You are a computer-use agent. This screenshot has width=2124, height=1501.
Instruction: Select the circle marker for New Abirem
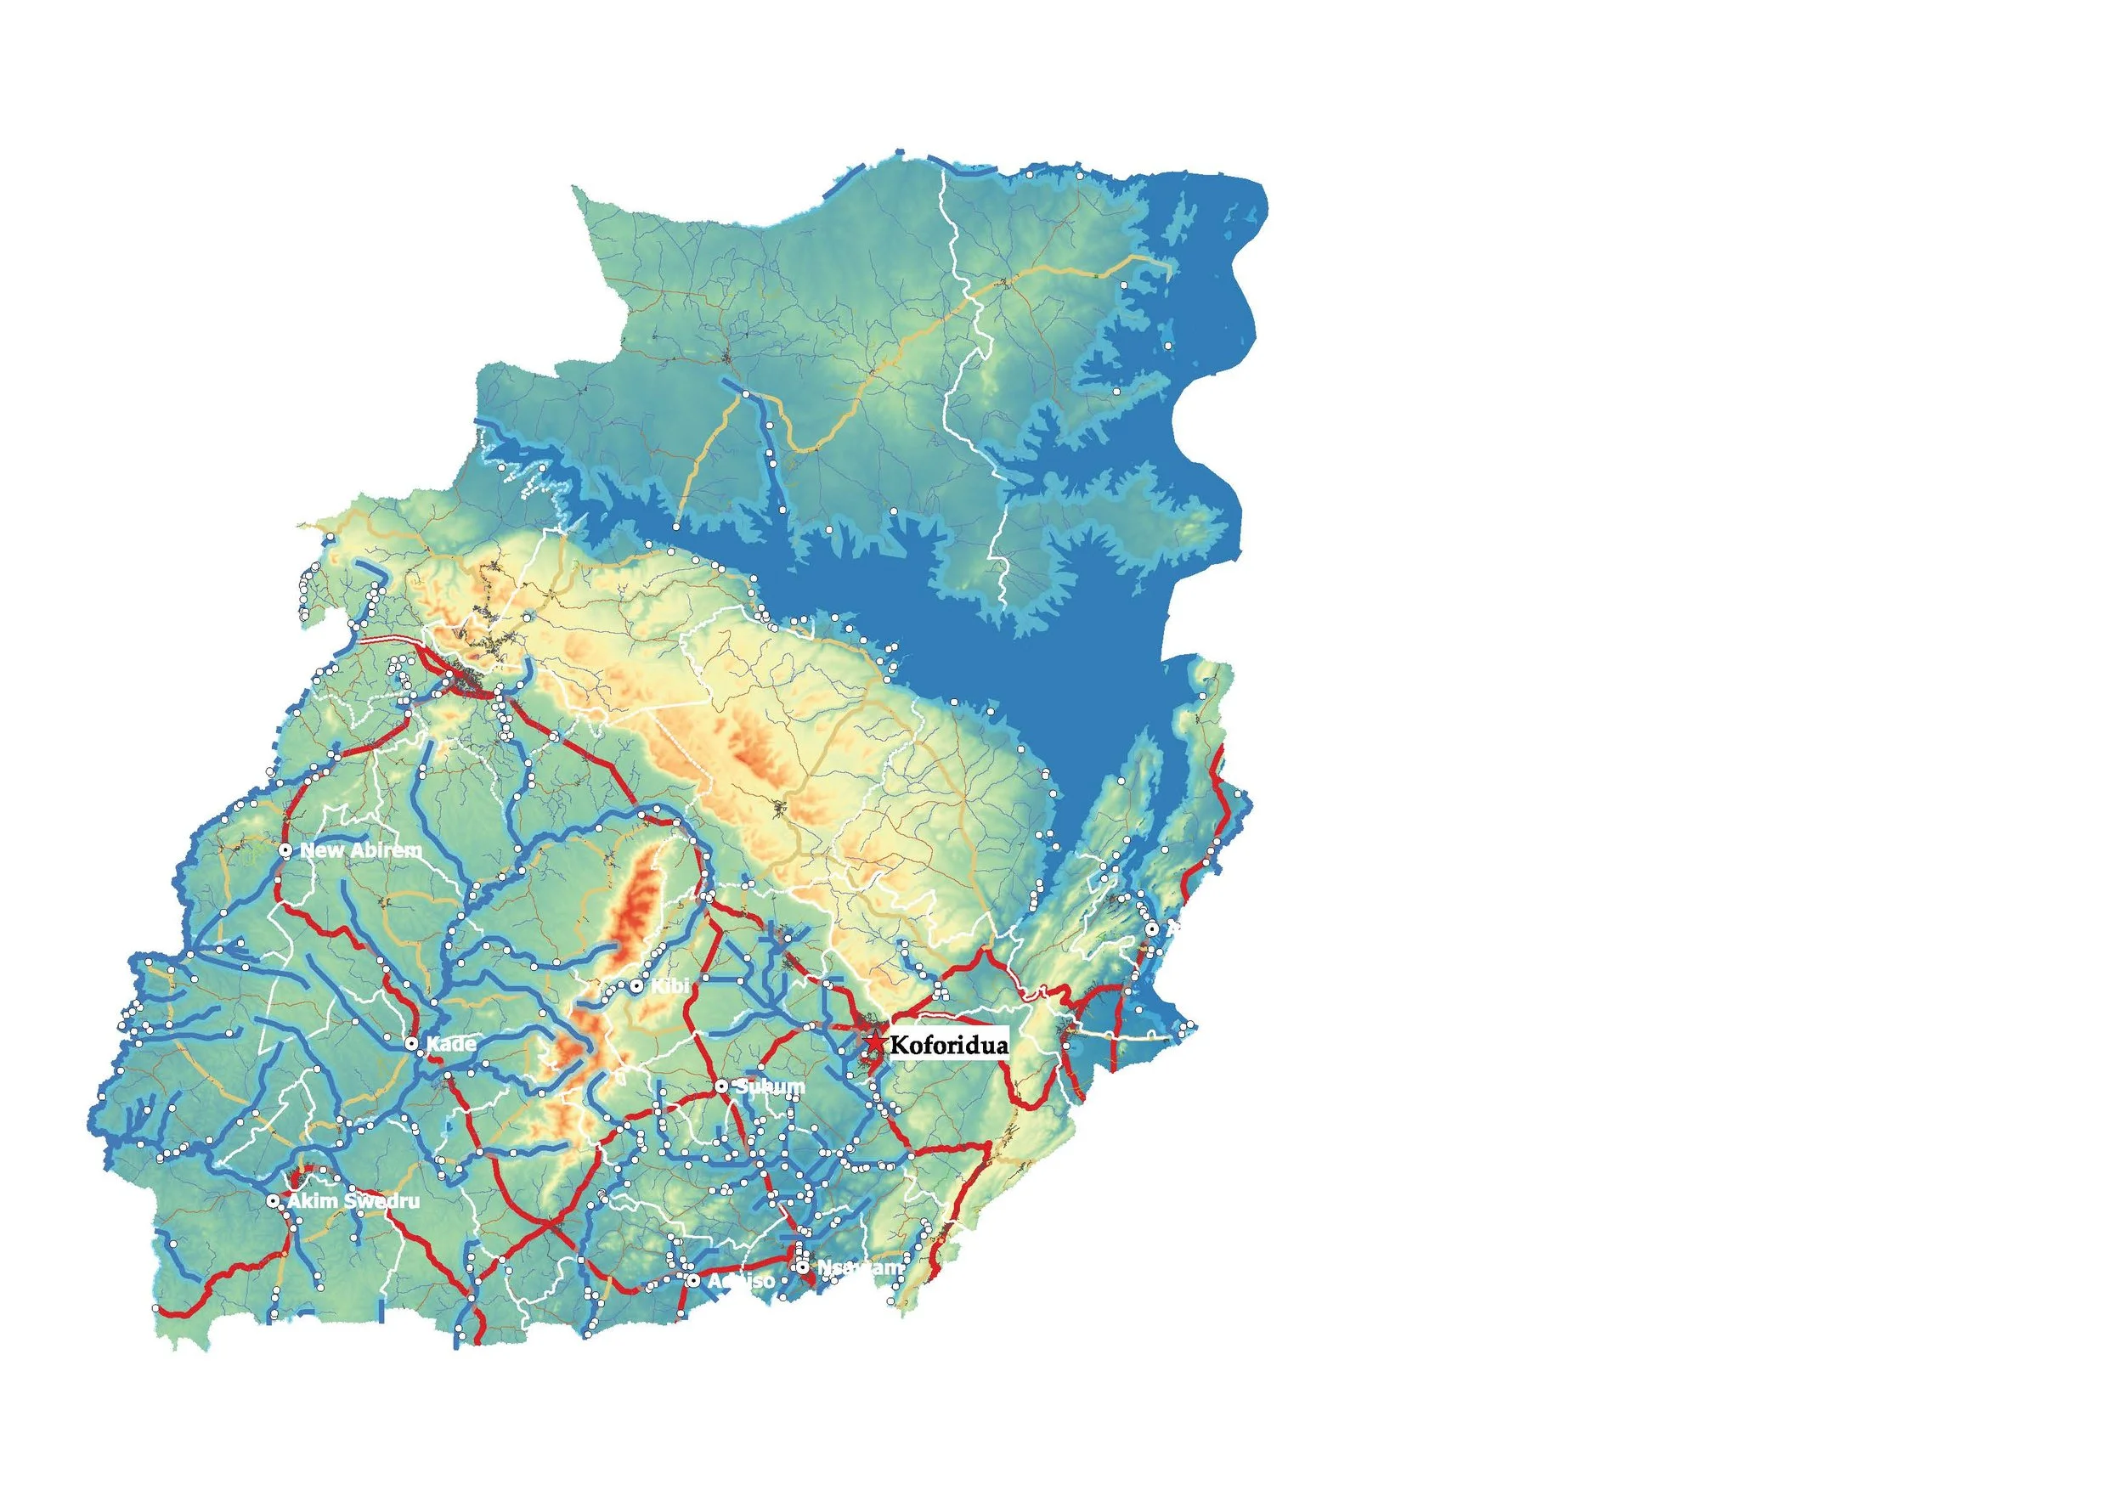[285, 849]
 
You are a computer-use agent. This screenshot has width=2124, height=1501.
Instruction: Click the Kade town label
[450, 1043]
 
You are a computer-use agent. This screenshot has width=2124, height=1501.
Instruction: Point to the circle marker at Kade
[412, 1043]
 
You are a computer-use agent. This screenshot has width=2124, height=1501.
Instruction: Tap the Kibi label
[669, 986]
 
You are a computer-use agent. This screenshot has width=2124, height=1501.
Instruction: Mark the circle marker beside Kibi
[636, 986]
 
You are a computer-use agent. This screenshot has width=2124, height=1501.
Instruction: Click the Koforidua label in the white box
[948, 1045]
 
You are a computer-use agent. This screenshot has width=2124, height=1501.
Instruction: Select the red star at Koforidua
[873, 1042]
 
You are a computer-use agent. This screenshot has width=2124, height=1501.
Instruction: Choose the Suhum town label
[770, 1086]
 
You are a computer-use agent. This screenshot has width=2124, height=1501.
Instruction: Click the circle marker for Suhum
[721, 1086]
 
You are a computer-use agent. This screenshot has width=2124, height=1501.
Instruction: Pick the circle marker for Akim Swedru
[273, 1200]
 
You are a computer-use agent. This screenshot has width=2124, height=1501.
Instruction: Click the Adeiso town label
[741, 1281]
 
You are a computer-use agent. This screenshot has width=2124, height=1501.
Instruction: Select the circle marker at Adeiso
[693, 1281]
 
